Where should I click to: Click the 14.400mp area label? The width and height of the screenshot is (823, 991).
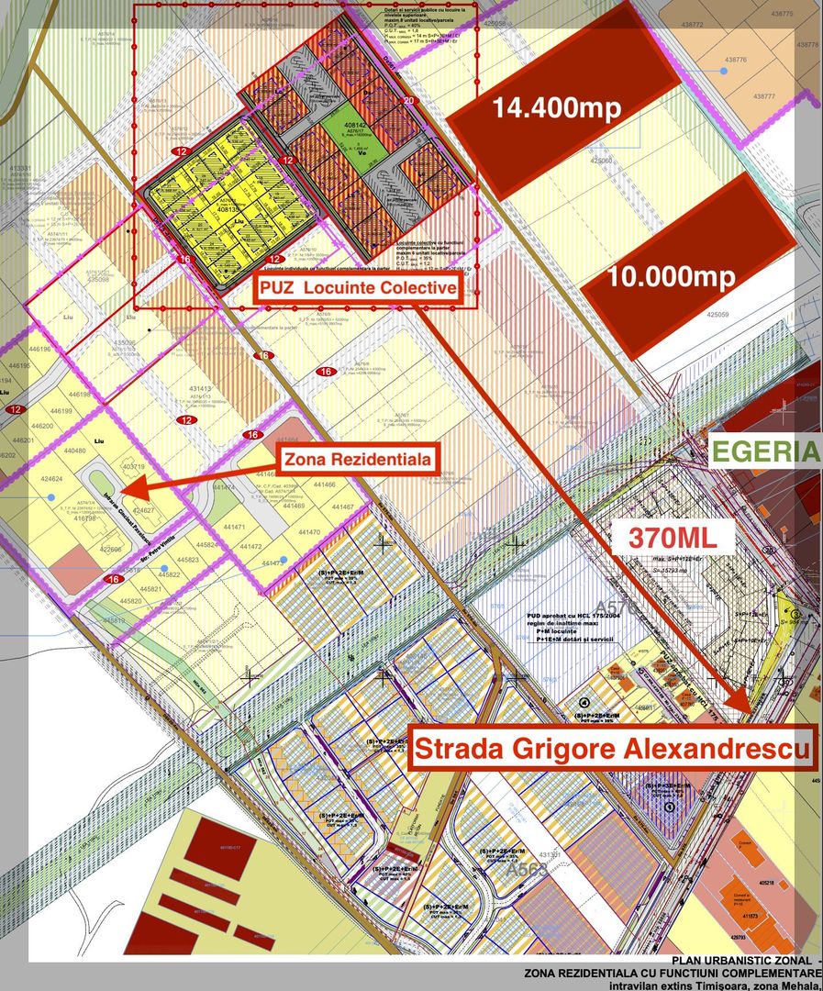[x=557, y=107]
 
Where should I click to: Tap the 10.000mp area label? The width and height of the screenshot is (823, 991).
[x=672, y=277]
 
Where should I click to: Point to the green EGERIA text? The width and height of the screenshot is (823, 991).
[x=765, y=451]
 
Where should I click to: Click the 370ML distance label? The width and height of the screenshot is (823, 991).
[x=678, y=537]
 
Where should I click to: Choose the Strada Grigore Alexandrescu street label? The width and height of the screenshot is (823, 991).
[x=613, y=749]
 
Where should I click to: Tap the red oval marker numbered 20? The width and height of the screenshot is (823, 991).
[x=408, y=100]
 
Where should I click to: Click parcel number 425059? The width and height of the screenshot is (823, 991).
[x=717, y=314]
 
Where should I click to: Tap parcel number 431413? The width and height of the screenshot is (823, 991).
[x=200, y=389]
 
